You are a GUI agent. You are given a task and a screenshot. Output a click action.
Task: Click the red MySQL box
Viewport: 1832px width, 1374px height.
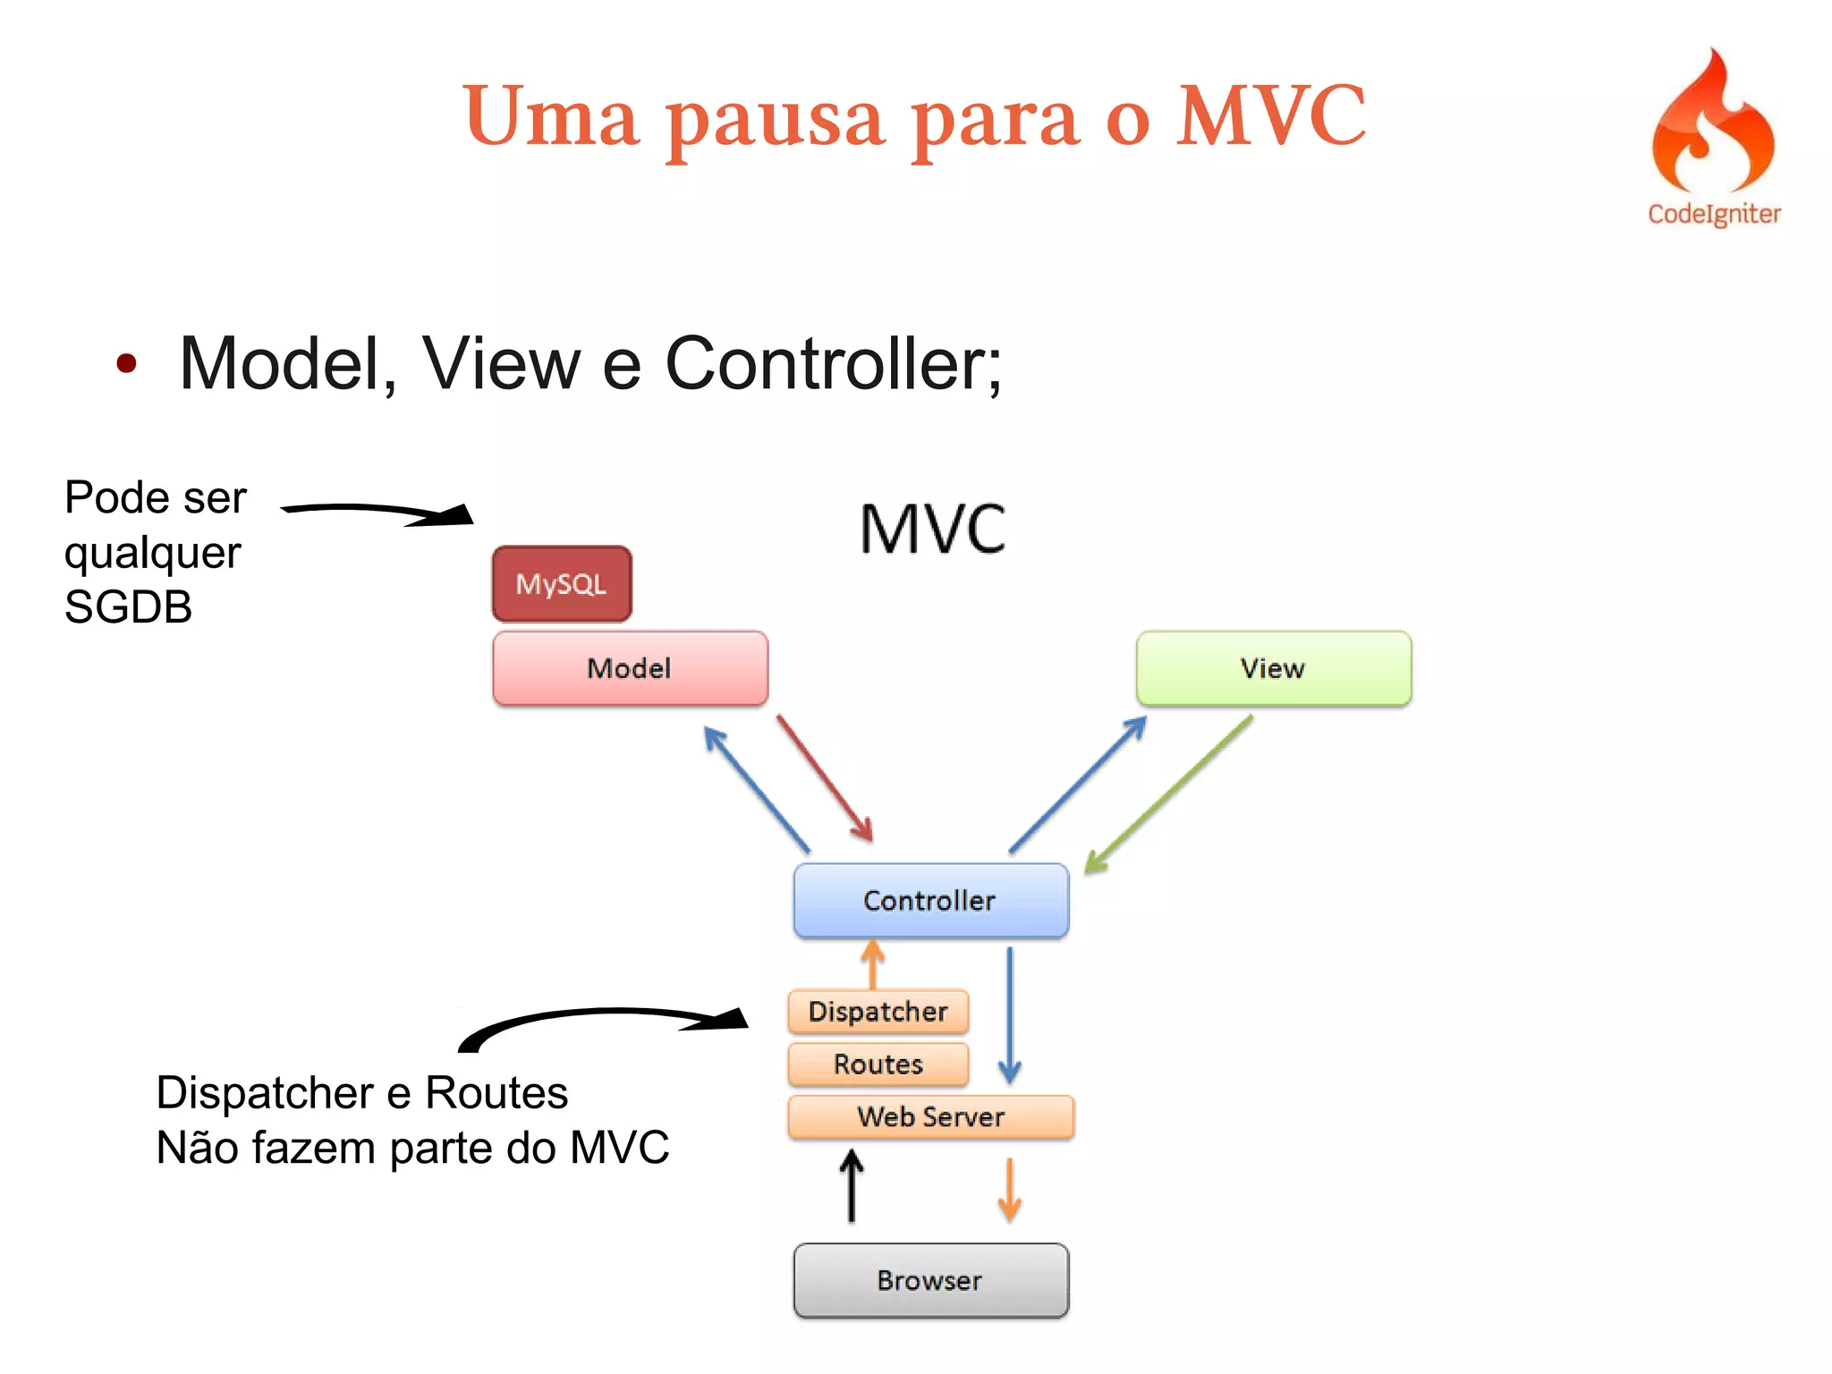coord(562,584)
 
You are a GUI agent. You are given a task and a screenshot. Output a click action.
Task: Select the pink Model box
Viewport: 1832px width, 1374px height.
coord(630,668)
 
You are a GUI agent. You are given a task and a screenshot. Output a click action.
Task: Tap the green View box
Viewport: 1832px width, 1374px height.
coord(1273,668)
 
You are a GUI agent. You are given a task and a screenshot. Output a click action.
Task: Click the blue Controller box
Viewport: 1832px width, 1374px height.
coord(930,900)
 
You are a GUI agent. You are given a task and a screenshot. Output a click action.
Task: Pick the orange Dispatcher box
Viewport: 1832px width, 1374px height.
coord(878,1012)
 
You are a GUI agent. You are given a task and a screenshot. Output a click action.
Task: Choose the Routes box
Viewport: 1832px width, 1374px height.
coord(878,1064)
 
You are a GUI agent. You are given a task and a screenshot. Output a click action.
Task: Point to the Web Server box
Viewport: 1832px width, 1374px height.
coord(930,1117)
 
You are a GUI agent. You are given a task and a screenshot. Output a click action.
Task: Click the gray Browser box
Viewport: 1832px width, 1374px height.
coord(930,1280)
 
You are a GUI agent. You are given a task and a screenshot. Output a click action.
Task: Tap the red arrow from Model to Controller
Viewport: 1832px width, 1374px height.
coord(825,778)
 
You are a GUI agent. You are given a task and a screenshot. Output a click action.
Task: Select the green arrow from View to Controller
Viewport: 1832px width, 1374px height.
coord(1168,794)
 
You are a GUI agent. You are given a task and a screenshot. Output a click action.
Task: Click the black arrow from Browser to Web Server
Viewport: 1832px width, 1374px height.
coord(852,1186)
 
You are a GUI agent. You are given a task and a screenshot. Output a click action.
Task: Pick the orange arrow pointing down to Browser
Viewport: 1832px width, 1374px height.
coord(1009,1190)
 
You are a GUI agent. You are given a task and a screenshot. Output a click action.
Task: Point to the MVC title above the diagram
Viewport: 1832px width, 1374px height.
coord(932,530)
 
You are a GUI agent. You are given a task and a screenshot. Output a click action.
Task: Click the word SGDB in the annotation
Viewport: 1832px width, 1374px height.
coord(128,607)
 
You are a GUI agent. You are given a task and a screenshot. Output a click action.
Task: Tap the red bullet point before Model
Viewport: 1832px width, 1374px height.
coord(126,363)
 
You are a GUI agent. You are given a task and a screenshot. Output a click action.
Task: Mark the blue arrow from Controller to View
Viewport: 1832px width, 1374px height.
coord(1078,785)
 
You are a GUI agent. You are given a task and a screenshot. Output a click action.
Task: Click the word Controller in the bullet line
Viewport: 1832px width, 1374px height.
coord(833,364)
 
